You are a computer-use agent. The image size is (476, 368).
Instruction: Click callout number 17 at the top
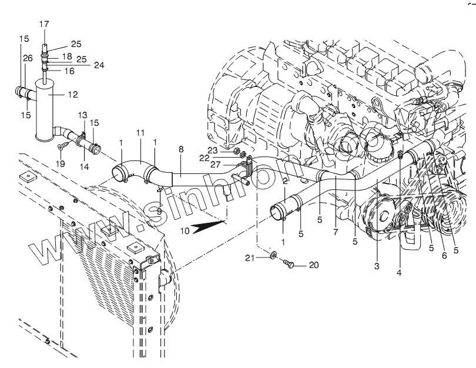pos(45,24)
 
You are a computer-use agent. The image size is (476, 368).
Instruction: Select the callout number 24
pos(99,65)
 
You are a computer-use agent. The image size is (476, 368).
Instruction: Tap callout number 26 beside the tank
pos(27,58)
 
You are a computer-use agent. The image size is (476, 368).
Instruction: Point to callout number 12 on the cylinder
pos(72,93)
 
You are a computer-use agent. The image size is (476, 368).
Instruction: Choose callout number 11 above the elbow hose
pos(140,134)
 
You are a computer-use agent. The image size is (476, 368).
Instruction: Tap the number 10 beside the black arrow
pos(185,231)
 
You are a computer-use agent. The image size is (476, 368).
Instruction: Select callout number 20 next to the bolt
pos(313,265)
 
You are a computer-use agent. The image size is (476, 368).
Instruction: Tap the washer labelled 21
pos(274,257)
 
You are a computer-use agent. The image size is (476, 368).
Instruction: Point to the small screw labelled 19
pos(63,144)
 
